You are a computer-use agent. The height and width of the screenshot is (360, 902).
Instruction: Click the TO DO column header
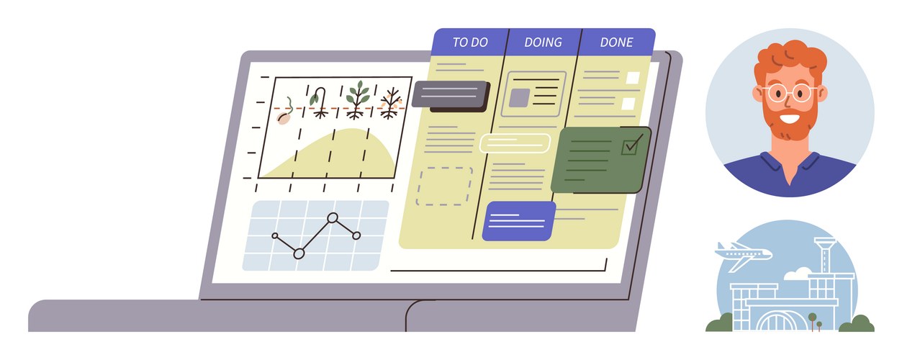click(470, 42)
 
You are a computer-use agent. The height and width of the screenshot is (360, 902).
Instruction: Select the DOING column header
click(544, 42)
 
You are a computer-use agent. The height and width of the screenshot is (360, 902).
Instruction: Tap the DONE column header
click(616, 42)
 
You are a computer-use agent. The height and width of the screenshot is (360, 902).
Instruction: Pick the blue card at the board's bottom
click(518, 221)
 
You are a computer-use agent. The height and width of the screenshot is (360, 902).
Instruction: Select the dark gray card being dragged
click(450, 95)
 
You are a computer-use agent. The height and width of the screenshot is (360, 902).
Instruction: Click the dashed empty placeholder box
click(444, 186)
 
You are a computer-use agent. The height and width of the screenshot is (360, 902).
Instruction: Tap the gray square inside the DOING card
click(520, 98)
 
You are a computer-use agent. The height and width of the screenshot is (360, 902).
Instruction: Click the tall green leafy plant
click(357, 100)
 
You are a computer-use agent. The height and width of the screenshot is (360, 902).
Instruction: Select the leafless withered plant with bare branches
click(390, 104)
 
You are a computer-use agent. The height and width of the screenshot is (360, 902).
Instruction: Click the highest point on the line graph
click(333, 218)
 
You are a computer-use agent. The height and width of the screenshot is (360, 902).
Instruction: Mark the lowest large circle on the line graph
click(299, 253)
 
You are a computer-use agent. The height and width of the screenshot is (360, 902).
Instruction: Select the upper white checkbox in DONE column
click(633, 78)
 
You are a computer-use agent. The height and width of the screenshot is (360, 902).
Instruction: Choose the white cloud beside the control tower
click(798, 274)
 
